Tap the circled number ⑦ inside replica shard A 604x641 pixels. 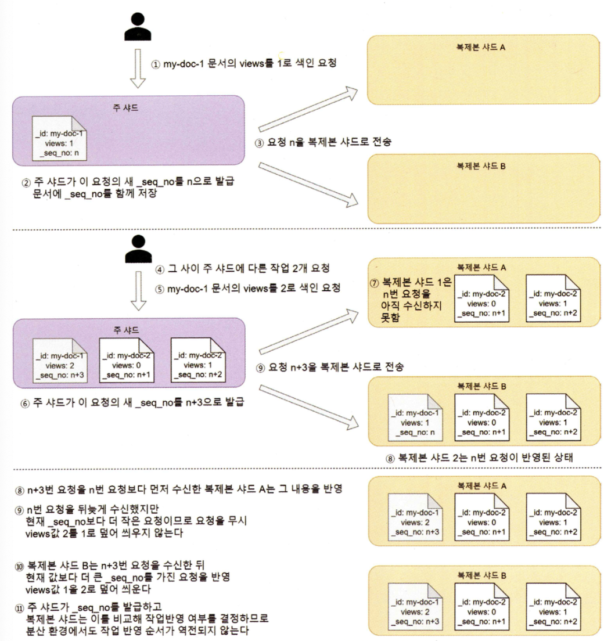(x=375, y=286)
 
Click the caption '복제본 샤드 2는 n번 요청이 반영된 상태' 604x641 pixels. (x=485, y=457)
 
